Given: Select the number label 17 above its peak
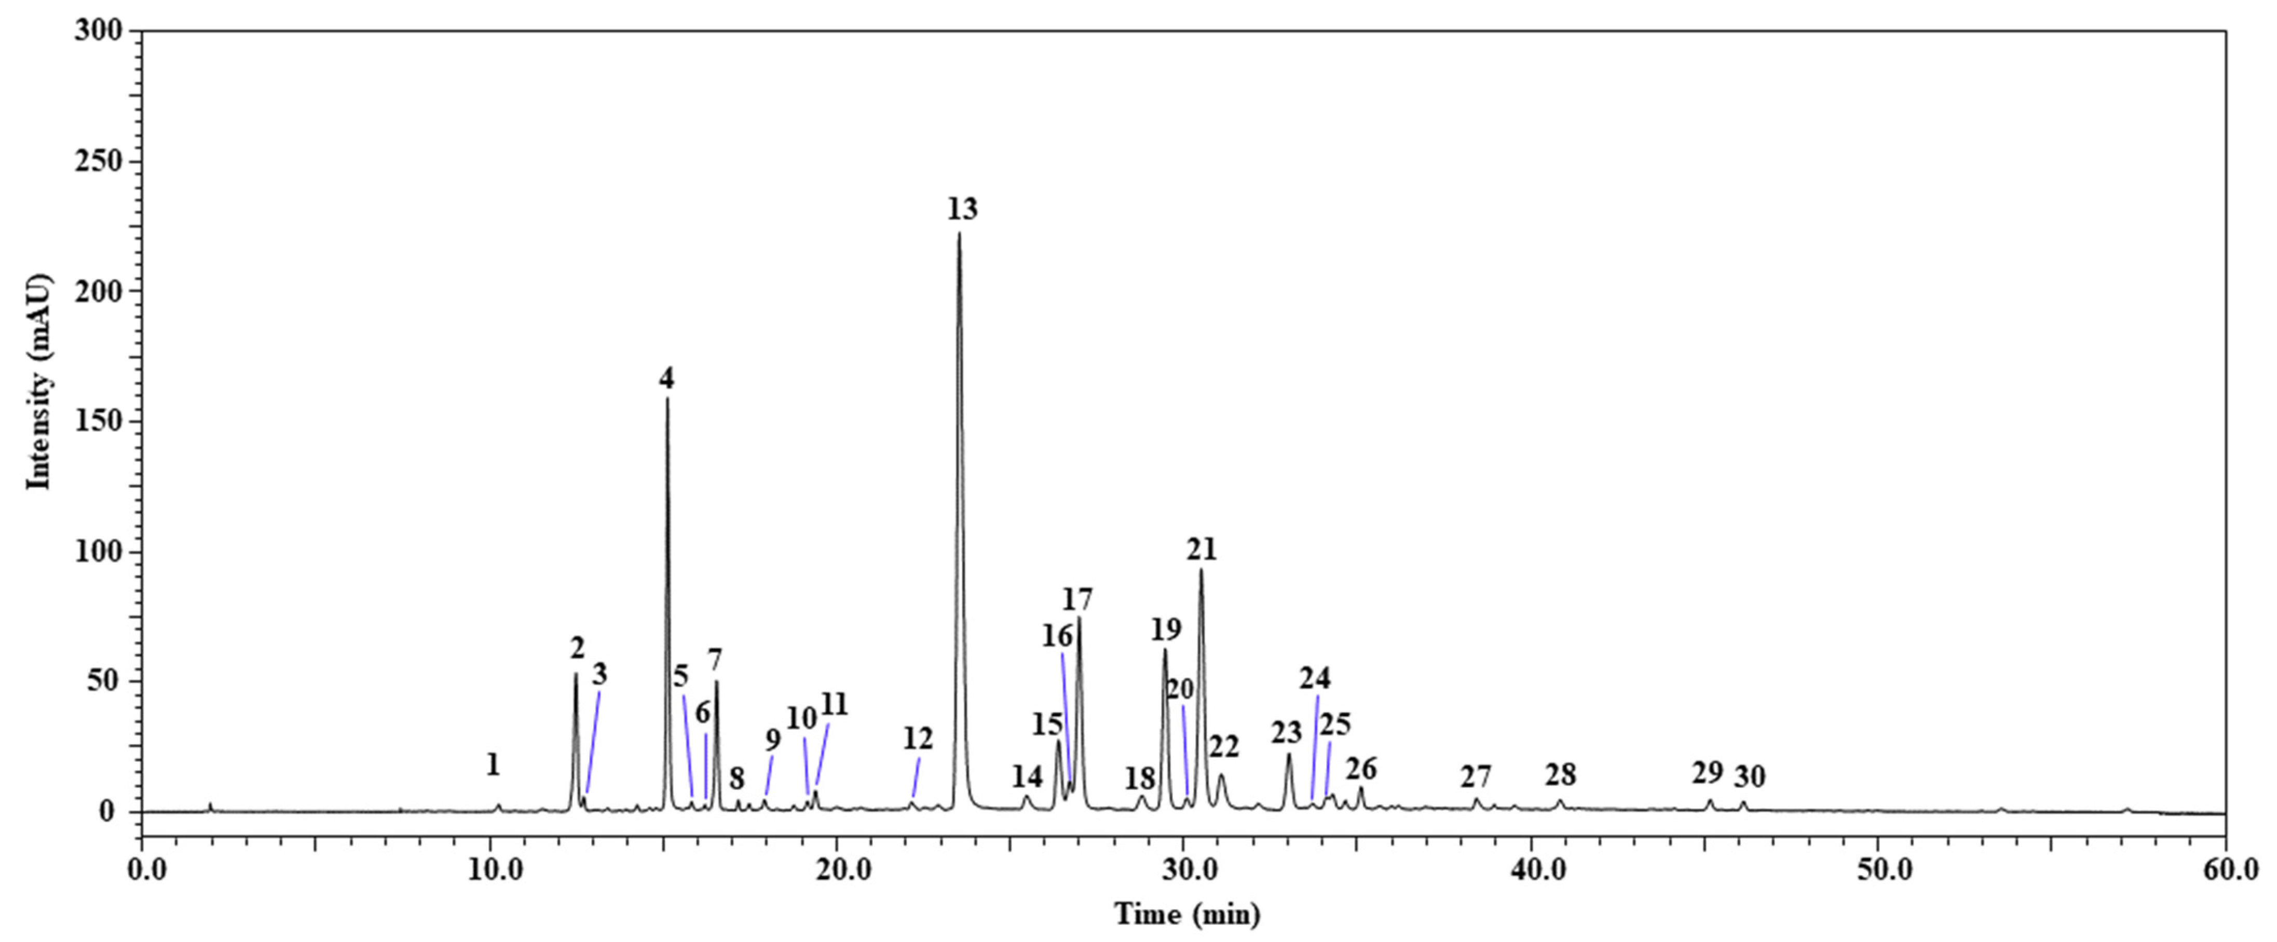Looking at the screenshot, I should click(1078, 600).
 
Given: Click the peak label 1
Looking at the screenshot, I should click(493, 764).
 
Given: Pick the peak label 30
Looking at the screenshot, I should click(1749, 777).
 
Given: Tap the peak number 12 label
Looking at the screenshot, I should click(918, 737).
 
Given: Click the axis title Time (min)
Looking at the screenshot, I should click(1186, 914).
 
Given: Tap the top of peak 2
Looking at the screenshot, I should click(576, 675).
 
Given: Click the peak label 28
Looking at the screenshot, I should click(1560, 775).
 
